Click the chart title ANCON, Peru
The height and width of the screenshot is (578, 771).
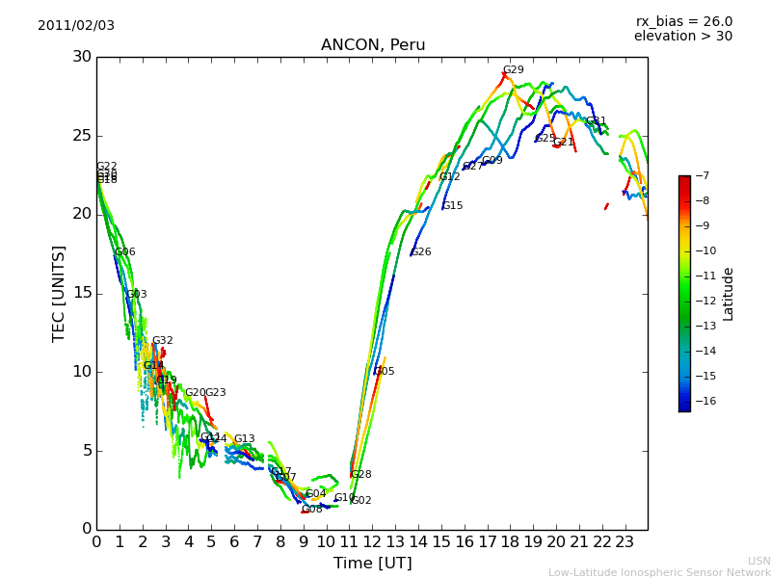(373, 45)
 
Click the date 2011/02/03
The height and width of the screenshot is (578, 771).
(76, 26)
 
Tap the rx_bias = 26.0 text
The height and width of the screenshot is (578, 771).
(683, 22)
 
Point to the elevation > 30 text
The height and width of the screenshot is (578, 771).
(682, 37)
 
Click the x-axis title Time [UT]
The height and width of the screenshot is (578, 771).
(372, 564)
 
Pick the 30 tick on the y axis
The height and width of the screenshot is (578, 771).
(81, 57)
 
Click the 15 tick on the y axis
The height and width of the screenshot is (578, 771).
(81, 293)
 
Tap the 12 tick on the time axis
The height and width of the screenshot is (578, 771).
(372, 542)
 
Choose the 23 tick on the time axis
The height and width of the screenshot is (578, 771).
(625, 542)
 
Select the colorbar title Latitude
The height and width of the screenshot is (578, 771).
(729, 294)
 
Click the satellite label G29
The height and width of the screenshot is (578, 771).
(514, 70)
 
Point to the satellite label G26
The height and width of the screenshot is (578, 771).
(421, 252)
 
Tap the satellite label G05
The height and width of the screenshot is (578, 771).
(385, 372)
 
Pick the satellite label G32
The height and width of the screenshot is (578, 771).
(163, 341)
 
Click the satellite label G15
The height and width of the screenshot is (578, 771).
(453, 206)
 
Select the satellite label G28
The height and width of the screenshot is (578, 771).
(361, 475)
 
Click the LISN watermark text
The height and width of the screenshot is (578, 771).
(759, 561)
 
